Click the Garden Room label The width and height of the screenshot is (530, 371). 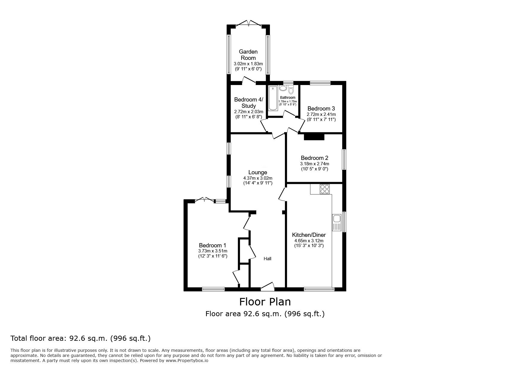(248, 55)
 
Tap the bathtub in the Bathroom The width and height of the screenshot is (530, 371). (273, 98)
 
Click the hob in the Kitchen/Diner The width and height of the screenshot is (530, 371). (325, 189)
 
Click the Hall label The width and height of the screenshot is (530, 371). (267, 258)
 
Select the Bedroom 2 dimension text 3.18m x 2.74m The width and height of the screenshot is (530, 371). (314, 164)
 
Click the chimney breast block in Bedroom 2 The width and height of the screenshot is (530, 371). (314, 137)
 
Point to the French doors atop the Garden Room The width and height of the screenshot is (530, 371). (249, 24)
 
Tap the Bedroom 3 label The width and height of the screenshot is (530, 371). (321, 108)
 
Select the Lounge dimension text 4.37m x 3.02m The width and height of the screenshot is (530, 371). (258, 178)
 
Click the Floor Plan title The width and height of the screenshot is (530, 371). (265, 302)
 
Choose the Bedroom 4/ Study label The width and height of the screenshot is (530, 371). (249, 102)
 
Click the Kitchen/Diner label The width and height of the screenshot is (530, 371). (309, 235)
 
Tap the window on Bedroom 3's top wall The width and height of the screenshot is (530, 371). (320, 83)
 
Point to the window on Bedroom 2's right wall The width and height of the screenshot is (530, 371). (344, 160)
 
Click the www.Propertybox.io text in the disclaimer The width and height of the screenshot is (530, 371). (187, 361)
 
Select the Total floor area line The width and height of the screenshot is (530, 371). (81, 338)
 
